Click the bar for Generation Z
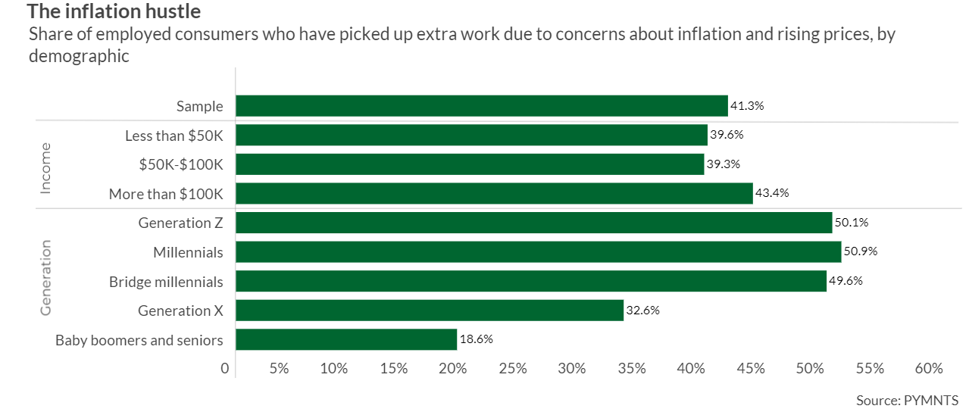(x=533, y=223)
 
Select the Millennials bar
(x=538, y=251)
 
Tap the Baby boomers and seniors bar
(x=346, y=339)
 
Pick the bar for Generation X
(x=430, y=311)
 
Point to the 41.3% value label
(x=747, y=106)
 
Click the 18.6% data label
(x=476, y=339)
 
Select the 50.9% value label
(x=861, y=251)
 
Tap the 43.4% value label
(x=772, y=193)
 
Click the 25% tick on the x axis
(x=512, y=369)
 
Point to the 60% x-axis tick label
(x=929, y=369)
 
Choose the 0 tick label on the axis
(x=225, y=369)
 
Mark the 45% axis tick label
(x=750, y=369)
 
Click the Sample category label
(x=200, y=106)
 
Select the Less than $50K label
(x=173, y=136)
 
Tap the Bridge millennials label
(x=166, y=282)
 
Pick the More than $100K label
(x=166, y=194)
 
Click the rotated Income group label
(x=45, y=167)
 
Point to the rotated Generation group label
(x=45, y=277)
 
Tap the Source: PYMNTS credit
(x=907, y=400)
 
